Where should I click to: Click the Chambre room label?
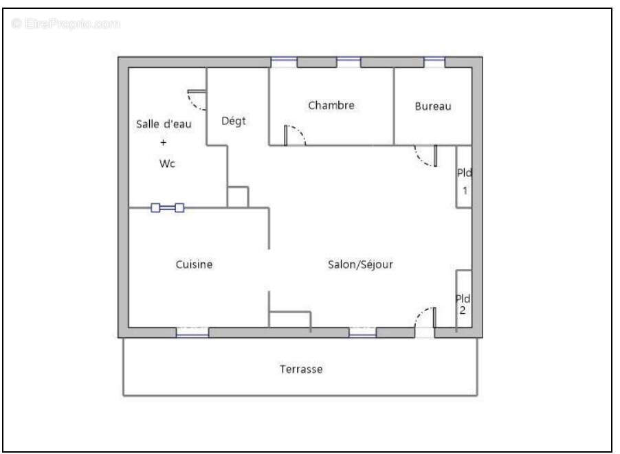click(331, 105)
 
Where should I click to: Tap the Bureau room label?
click(433, 106)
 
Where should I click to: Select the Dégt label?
click(234, 121)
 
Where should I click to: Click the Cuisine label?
click(194, 264)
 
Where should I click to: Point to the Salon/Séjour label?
click(360, 264)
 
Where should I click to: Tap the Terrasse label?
click(301, 369)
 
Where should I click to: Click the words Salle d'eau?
click(164, 124)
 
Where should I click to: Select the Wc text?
click(167, 163)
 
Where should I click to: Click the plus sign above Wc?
click(164, 143)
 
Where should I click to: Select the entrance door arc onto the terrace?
click(423, 317)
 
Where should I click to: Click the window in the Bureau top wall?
click(434, 63)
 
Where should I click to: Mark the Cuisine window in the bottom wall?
click(192, 332)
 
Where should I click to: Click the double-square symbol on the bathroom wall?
click(168, 207)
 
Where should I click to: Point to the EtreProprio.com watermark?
click(66, 24)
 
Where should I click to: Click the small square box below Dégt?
click(238, 196)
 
